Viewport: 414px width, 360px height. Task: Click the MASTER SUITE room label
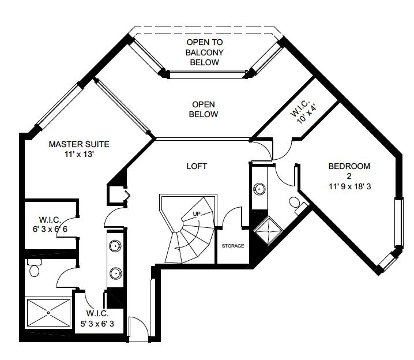pyautogui.click(x=78, y=144)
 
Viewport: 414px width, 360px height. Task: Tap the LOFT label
pyautogui.click(x=197, y=166)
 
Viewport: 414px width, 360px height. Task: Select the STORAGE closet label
pyautogui.click(x=233, y=246)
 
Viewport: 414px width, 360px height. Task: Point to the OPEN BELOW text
pyautogui.click(x=204, y=110)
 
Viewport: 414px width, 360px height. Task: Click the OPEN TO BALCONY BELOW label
pyautogui.click(x=204, y=52)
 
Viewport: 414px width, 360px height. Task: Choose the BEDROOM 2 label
pyautogui.click(x=349, y=171)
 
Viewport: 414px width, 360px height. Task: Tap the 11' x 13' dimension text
pyautogui.click(x=78, y=155)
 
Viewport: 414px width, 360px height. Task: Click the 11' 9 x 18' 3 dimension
pyautogui.click(x=349, y=186)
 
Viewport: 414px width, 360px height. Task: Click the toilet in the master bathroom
pyautogui.click(x=35, y=269)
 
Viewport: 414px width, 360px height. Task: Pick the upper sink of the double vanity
pyautogui.click(x=115, y=246)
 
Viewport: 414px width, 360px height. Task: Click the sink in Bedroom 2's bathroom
pyautogui.click(x=259, y=188)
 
